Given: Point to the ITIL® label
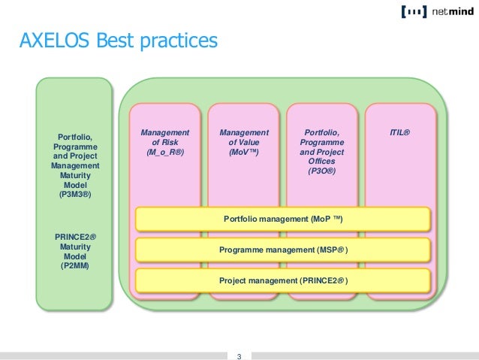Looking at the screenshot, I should tap(399, 133).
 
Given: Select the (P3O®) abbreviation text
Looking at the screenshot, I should tap(321, 171).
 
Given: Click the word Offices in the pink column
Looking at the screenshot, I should tap(321, 161).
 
